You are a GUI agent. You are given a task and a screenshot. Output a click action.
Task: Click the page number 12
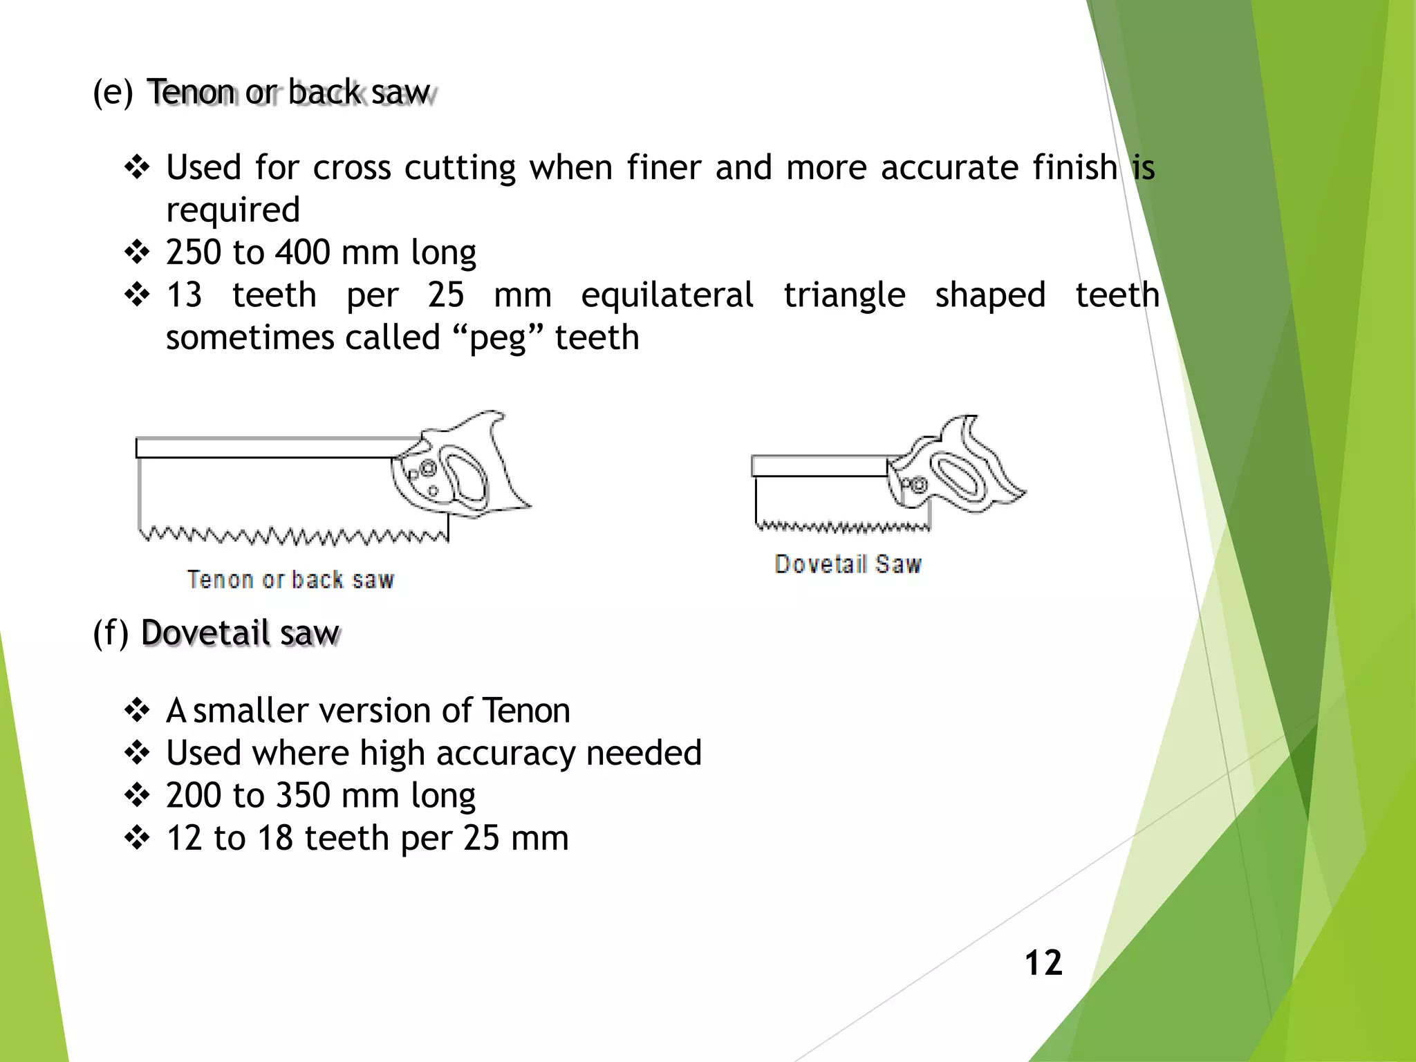click(x=1043, y=962)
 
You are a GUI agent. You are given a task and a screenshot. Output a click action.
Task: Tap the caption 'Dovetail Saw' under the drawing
click(x=848, y=564)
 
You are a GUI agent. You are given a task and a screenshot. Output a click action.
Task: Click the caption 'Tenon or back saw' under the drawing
click(x=290, y=579)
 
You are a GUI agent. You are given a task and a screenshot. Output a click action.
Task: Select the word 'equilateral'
click(x=667, y=296)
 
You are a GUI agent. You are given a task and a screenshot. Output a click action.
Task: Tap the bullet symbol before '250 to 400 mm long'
click(x=137, y=252)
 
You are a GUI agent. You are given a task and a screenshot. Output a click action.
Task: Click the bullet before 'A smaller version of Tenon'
click(x=137, y=711)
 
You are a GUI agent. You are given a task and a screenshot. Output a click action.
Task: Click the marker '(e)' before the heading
click(x=113, y=92)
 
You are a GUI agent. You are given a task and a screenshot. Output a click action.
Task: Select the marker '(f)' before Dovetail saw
click(x=111, y=633)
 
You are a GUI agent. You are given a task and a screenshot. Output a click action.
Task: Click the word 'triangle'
click(x=844, y=296)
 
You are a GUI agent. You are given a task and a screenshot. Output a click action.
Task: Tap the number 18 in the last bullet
click(x=275, y=839)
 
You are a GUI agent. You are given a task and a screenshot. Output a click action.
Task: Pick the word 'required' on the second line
click(x=233, y=210)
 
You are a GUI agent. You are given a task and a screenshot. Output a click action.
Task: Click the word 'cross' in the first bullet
click(x=352, y=168)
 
